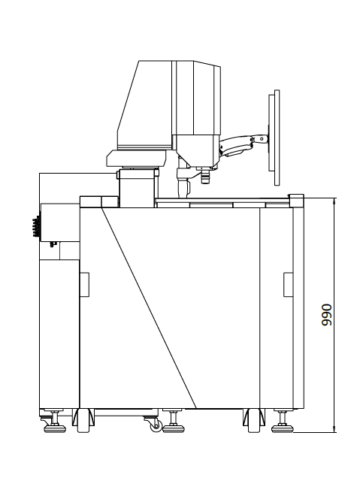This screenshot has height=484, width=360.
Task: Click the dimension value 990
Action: point(326,315)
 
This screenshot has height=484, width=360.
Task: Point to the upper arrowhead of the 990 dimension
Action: point(334,201)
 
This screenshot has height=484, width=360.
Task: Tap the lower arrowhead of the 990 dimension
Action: point(334,429)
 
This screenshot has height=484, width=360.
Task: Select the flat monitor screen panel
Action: point(274,138)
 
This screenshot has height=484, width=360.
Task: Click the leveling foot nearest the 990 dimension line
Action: point(283,421)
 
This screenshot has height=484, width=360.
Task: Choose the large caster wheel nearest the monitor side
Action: point(254,420)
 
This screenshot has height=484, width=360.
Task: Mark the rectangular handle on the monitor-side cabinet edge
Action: point(289,285)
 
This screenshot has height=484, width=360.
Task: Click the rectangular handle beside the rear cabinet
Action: point(84,285)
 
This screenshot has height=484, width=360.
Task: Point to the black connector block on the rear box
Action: point(36,227)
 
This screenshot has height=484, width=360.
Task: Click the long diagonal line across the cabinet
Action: point(149,307)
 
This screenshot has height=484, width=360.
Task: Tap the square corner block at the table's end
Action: point(296,201)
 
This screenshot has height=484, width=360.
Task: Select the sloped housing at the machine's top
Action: point(144,104)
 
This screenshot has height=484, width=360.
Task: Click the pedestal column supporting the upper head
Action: point(136,189)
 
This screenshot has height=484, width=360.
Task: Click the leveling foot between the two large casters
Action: point(174,421)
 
